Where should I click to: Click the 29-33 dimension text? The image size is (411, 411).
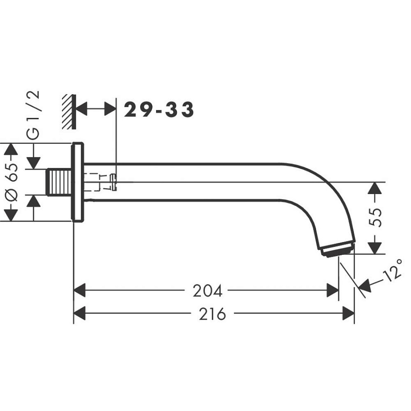pos(159,110)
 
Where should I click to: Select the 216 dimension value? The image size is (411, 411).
pos(212,314)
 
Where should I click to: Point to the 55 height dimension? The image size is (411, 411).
pos(376,218)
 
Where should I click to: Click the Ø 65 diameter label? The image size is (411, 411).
pos(12,182)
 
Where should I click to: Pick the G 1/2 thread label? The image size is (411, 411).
pos(34,115)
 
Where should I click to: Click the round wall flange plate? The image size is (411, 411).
pos(78,182)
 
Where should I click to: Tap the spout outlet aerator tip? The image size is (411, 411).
pos(337,249)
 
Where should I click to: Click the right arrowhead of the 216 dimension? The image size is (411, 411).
pos(349,314)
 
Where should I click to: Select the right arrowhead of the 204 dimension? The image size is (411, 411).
pos(333,290)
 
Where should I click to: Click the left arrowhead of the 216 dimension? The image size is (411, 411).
pos(79,314)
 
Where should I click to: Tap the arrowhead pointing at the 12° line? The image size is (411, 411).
pos(364,286)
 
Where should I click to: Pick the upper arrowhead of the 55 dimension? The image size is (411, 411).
pos(375,188)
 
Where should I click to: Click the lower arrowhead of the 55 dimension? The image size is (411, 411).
pos(375,248)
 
